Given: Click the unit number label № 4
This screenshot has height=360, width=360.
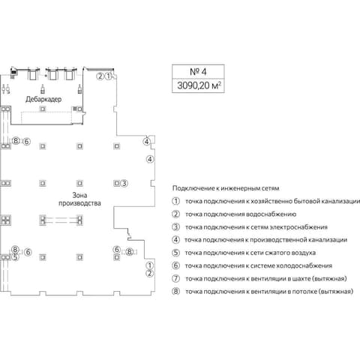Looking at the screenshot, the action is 198,72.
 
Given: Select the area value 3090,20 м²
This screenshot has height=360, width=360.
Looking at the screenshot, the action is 199,85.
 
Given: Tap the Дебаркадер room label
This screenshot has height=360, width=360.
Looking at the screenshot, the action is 43,99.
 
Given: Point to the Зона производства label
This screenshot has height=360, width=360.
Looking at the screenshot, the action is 79,199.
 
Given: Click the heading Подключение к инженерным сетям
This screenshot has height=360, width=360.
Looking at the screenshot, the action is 226,188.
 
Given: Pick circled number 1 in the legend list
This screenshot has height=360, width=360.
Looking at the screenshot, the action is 176,201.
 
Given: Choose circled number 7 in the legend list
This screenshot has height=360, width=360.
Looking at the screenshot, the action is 176,278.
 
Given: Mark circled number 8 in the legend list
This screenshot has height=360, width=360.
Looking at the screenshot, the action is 176,291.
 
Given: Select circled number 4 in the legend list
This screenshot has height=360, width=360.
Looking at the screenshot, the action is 176,239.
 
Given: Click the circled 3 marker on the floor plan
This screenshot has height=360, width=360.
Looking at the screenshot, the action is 124,183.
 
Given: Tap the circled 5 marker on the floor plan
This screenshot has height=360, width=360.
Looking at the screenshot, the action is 15,256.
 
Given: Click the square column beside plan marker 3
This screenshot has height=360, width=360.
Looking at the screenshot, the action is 116,183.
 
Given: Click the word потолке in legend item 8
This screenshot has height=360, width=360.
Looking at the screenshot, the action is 305,292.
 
